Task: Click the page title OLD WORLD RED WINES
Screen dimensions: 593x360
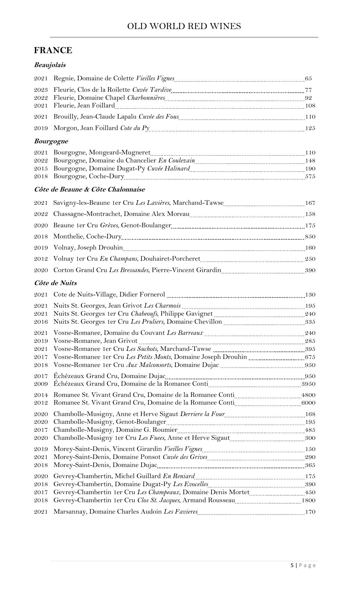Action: click(184, 27)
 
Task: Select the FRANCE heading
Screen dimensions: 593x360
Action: click(53, 50)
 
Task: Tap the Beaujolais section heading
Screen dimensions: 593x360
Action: click(50, 65)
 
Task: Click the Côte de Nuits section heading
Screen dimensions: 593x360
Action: click(55, 283)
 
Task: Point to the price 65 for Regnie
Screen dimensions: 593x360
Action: click(308, 78)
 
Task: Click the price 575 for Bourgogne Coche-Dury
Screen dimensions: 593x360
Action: click(310, 176)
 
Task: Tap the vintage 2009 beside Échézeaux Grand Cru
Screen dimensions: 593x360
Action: click(41, 384)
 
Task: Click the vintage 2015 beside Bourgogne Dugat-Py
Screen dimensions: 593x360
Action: click(41, 169)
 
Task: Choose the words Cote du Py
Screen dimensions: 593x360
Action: click(135, 128)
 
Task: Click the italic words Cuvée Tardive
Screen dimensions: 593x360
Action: click(152, 90)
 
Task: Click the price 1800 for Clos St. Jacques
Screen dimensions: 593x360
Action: click(308, 500)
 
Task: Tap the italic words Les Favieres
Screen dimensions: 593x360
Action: click(181, 512)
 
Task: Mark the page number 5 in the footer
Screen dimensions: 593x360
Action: click(292, 565)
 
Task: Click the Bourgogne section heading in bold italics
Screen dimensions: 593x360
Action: click(51, 141)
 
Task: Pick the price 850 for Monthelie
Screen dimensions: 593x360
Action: click(310, 237)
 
